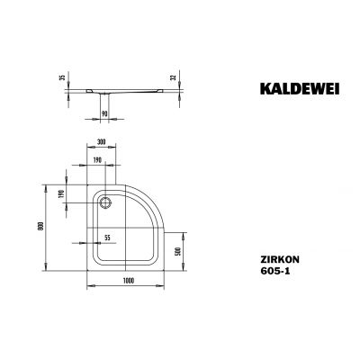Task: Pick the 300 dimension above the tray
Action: coord(103,144)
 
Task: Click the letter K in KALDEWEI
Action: coord(249,90)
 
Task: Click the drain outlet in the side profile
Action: coord(96,93)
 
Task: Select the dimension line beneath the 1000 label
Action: coord(130,288)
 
